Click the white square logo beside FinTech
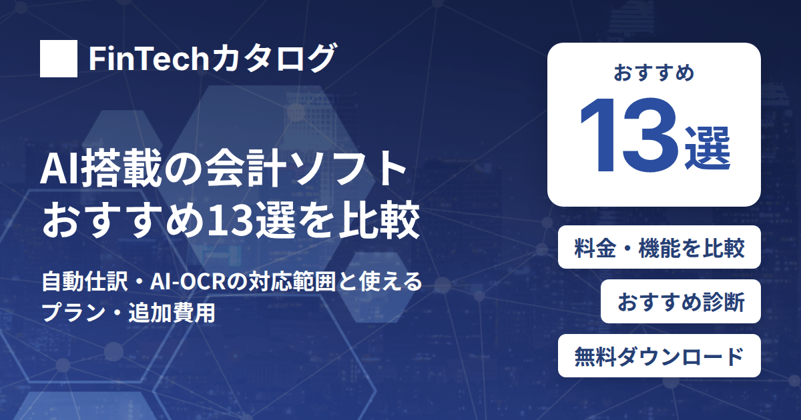(x=59, y=59)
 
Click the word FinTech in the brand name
(x=149, y=59)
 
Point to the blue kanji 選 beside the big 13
(x=708, y=148)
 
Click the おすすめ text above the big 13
(x=654, y=73)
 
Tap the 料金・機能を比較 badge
(x=659, y=247)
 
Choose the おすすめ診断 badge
(x=680, y=301)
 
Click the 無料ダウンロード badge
(x=659, y=356)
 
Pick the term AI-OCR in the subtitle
(x=188, y=282)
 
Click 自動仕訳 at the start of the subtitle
(x=84, y=282)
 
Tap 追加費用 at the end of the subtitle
(x=172, y=313)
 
